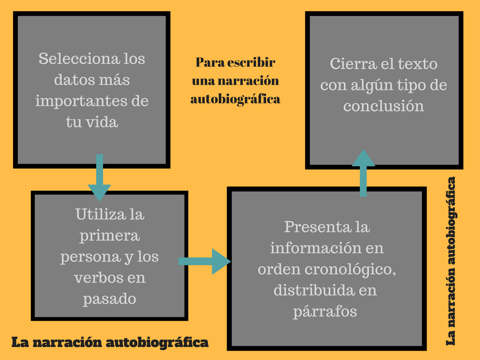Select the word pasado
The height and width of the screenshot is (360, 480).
(x=109, y=299)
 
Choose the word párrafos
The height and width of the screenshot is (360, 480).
(x=325, y=311)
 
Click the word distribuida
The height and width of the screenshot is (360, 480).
(x=308, y=290)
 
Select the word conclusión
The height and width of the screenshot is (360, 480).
(x=383, y=105)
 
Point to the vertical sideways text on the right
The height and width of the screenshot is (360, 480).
(x=451, y=261)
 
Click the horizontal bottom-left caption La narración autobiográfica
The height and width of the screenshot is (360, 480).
(x=110, y=342)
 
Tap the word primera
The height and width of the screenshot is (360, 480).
(x=110, y=235)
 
